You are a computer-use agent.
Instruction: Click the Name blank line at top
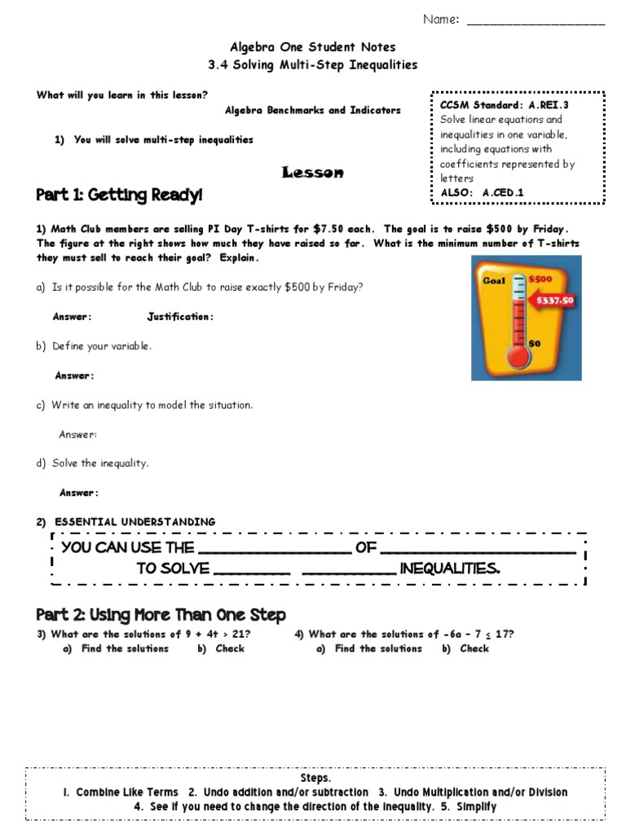pos(536,22)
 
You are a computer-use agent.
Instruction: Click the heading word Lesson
pos(312,172)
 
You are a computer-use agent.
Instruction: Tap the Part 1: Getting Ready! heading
pos(119,195)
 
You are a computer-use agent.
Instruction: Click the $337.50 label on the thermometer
pos(555,300)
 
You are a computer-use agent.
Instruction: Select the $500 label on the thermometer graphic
pos(540,279)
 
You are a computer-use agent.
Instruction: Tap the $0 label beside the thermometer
pos(535,343)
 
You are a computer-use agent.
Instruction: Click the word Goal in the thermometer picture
pos(494,280)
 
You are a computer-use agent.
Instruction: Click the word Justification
pos(180,317)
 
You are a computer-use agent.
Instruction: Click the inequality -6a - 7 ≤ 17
pos(478,634)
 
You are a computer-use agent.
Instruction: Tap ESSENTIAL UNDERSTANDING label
pos(135,521)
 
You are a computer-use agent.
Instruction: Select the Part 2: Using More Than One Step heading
pos(161,614)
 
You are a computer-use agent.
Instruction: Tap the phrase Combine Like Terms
pos(127,792)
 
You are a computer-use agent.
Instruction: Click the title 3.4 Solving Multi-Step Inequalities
pos(313,64)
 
